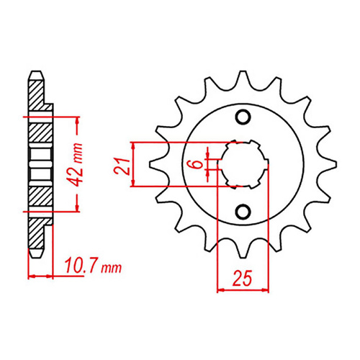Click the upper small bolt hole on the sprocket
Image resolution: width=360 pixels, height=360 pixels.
(x=243, y=117)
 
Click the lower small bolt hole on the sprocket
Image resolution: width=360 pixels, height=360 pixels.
(x=243, y=211)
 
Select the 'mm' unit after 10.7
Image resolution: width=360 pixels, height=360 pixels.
(x=111, y=269)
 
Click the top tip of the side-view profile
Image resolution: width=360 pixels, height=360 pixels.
(x=32, y=72)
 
